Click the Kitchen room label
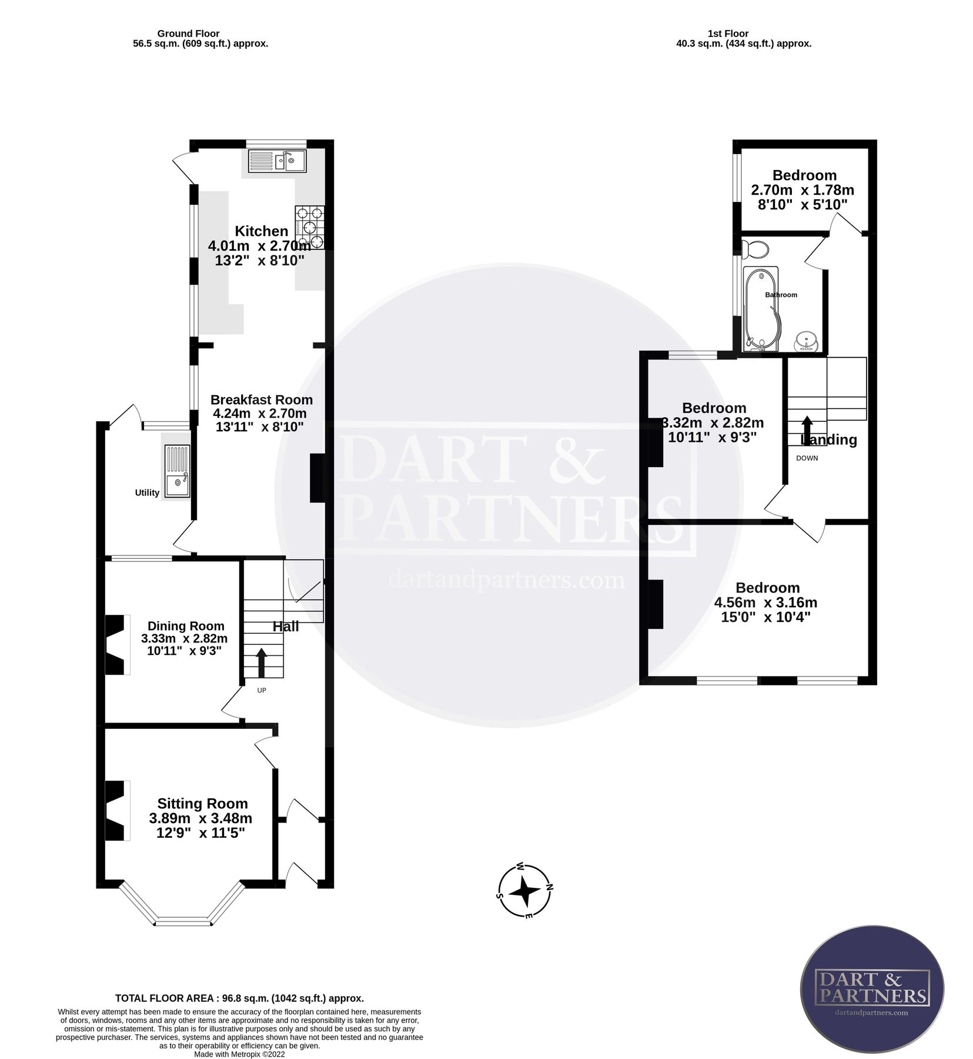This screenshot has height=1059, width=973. (261, 231)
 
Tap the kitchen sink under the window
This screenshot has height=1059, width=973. (277, 161)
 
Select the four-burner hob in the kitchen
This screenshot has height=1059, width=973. (310, 227)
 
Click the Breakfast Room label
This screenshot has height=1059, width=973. (261, 400)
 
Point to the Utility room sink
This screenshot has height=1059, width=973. (177, 471)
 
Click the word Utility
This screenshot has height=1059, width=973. (147, 493)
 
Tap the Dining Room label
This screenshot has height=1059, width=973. (186, 626)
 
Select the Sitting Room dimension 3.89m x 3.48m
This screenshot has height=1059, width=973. (200, 818)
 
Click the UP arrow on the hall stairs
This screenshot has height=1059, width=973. (261, 662)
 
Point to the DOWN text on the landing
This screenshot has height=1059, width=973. (807, 458)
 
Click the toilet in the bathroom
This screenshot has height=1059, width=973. (755, 250)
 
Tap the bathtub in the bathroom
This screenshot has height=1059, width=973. (761, 309)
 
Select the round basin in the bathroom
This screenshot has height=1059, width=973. (807, 341)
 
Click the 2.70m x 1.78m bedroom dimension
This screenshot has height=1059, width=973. (803, 190)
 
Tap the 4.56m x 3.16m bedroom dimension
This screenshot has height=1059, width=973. (765, 602)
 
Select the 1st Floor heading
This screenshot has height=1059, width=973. (728, 34)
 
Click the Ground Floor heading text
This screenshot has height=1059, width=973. (188, 34)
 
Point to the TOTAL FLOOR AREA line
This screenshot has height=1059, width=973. (239, 998)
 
